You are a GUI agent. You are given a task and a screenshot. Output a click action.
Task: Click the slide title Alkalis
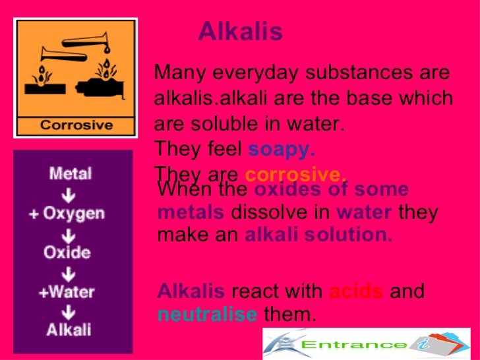click(x=240, y=32)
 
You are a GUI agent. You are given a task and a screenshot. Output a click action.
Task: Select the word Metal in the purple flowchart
click(x=70, y=175)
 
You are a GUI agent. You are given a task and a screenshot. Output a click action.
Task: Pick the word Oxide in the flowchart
click(x=68, y=251)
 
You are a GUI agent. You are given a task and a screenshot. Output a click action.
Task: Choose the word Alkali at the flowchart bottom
click(x=69, y=329)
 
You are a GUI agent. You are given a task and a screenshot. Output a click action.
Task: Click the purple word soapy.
click(x=282, y=150)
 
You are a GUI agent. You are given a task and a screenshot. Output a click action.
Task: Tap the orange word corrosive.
click(x=295, y=175)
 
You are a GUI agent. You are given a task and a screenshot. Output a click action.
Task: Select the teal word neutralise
click(x=207, y=315)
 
